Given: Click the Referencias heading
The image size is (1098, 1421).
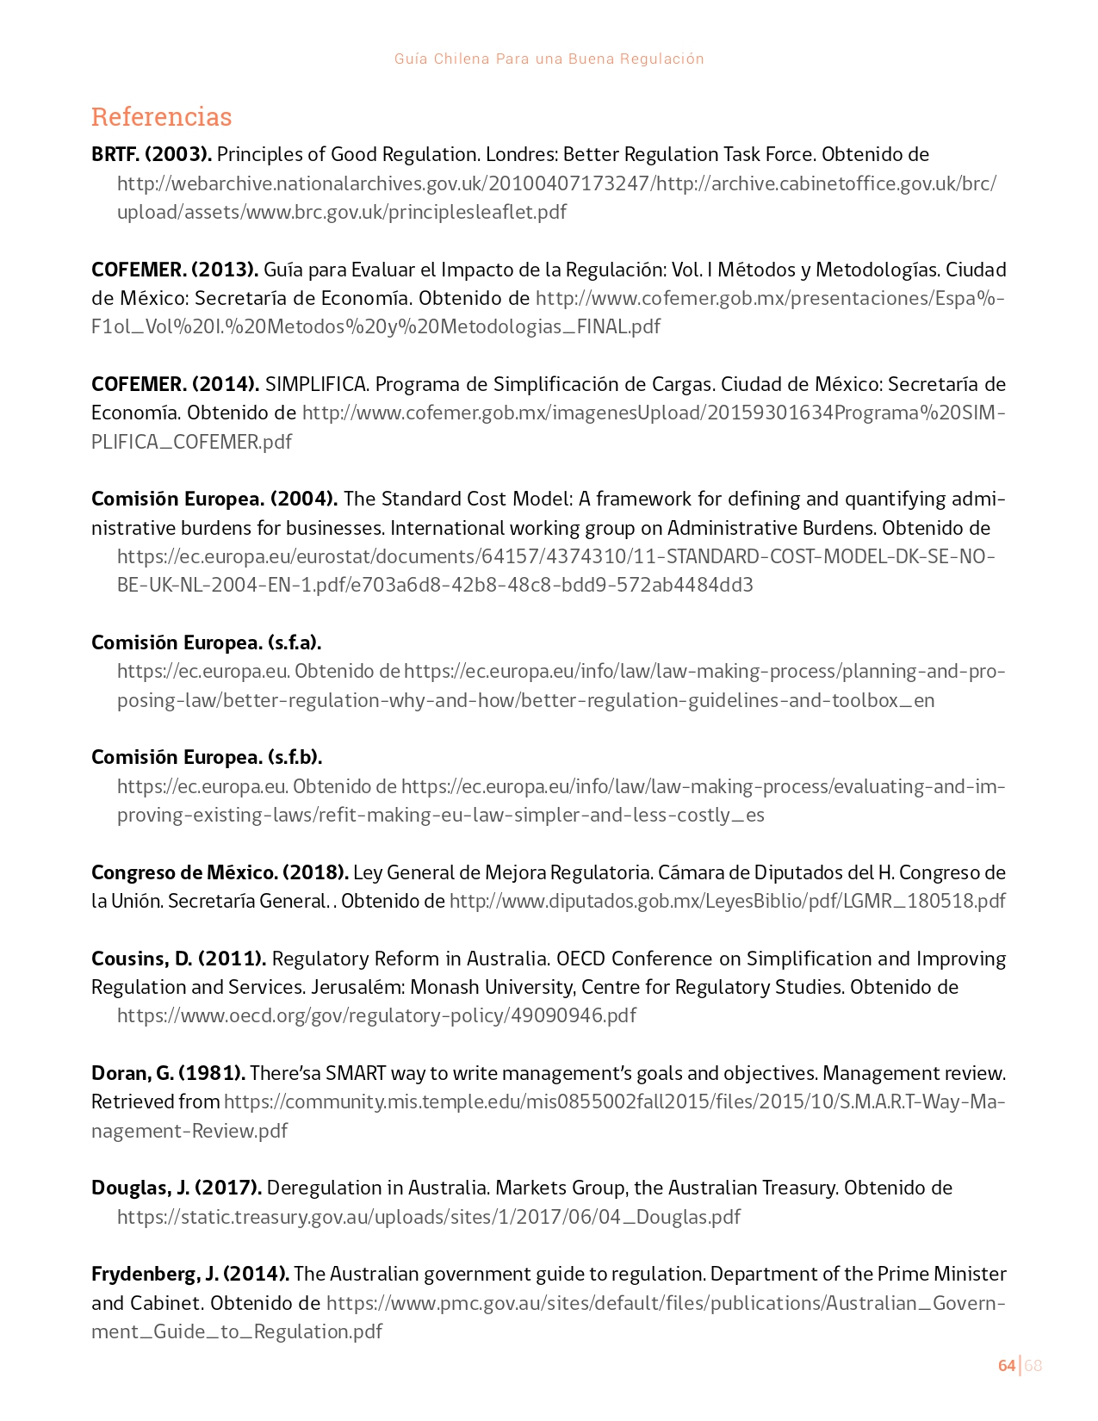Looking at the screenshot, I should tap(161, 116).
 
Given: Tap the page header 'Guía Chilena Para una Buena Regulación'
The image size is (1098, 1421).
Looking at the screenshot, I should tap(549, 59).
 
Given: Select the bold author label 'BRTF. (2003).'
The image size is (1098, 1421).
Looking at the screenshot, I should tap(152, 154).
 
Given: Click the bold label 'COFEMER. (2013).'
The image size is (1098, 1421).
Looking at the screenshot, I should tap(175, 270).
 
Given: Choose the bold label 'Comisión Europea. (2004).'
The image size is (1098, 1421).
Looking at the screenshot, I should tap(214, 499).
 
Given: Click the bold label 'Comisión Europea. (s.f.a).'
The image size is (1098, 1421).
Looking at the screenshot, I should tap(207, 642).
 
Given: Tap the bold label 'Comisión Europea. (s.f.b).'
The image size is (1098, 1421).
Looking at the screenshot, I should tap(207, 757).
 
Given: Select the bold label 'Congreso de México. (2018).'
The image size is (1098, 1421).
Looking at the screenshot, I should tap(220, 872).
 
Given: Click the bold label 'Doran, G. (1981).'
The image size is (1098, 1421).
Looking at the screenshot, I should tap(169, 1073).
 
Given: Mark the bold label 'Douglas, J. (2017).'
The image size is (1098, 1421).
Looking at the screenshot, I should tap(177, 1188).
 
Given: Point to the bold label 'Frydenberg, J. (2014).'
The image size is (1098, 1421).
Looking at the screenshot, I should tap(190, 1274).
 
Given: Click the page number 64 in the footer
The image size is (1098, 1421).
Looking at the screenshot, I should tap(1006, 1366).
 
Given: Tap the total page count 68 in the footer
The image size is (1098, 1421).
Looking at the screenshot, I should tap(1033, 1366).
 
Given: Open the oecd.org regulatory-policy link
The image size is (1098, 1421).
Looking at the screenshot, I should tap(376, 1015).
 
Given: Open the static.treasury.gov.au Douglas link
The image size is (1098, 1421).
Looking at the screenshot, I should tap(428, 1217).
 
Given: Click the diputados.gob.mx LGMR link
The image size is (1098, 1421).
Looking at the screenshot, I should tap(727, 901).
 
